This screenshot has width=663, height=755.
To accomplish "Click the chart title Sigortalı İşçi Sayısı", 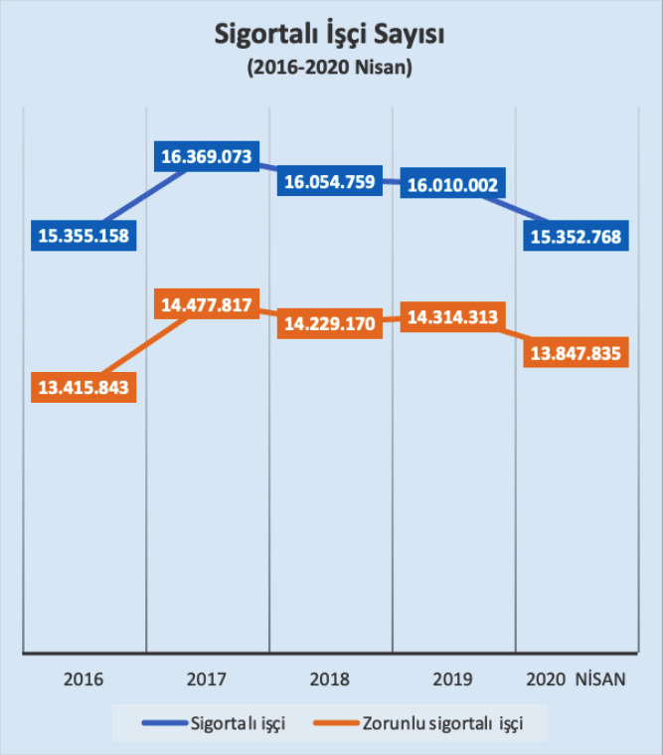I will click(x=330, y=35).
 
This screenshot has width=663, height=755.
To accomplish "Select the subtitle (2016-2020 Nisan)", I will click(x=330, y=69).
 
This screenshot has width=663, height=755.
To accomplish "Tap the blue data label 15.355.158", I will click(x=84, y=236).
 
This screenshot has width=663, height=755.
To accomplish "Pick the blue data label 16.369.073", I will click(x=208, y=156).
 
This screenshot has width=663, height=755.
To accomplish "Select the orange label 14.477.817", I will click(x=208, y=304).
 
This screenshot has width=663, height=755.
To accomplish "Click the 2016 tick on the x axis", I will click(x=83, y=681).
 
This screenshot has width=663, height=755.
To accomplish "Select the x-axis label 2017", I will click(x=207, y=681).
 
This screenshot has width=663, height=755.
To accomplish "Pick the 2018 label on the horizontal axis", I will click(x=330, y=681).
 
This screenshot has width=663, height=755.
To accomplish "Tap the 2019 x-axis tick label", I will click(x=453, y=681).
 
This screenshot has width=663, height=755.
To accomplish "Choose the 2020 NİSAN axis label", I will click(x=577, y=681).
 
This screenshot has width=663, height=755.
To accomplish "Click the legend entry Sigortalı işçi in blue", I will click(x=238, y=723).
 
